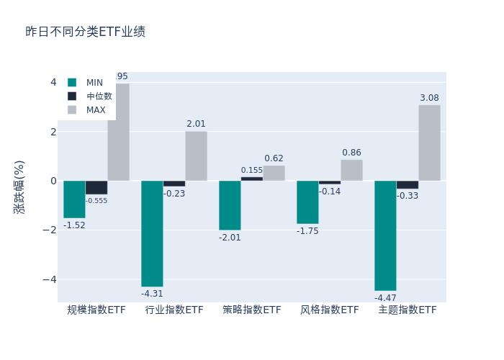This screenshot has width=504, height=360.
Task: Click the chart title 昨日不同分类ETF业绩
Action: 85,32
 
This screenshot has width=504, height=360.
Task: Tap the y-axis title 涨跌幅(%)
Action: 19,187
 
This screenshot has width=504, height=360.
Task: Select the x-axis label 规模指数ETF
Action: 96,310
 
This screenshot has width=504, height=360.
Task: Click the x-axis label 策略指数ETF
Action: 252,310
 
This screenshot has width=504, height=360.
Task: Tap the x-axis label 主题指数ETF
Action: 408,310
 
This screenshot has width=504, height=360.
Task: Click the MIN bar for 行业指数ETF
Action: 152,233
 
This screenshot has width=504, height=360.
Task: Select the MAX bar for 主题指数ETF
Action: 429,143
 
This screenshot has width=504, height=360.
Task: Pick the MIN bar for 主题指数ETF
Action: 385,235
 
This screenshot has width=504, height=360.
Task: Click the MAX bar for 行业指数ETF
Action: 196,156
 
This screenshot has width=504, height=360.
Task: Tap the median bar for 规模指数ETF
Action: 96,187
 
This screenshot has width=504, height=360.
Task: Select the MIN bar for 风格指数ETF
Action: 307,202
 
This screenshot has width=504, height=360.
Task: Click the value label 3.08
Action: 429,98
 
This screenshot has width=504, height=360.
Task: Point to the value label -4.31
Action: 152,294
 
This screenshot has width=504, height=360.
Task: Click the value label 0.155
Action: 252,171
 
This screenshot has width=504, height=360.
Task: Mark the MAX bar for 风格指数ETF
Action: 351,170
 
